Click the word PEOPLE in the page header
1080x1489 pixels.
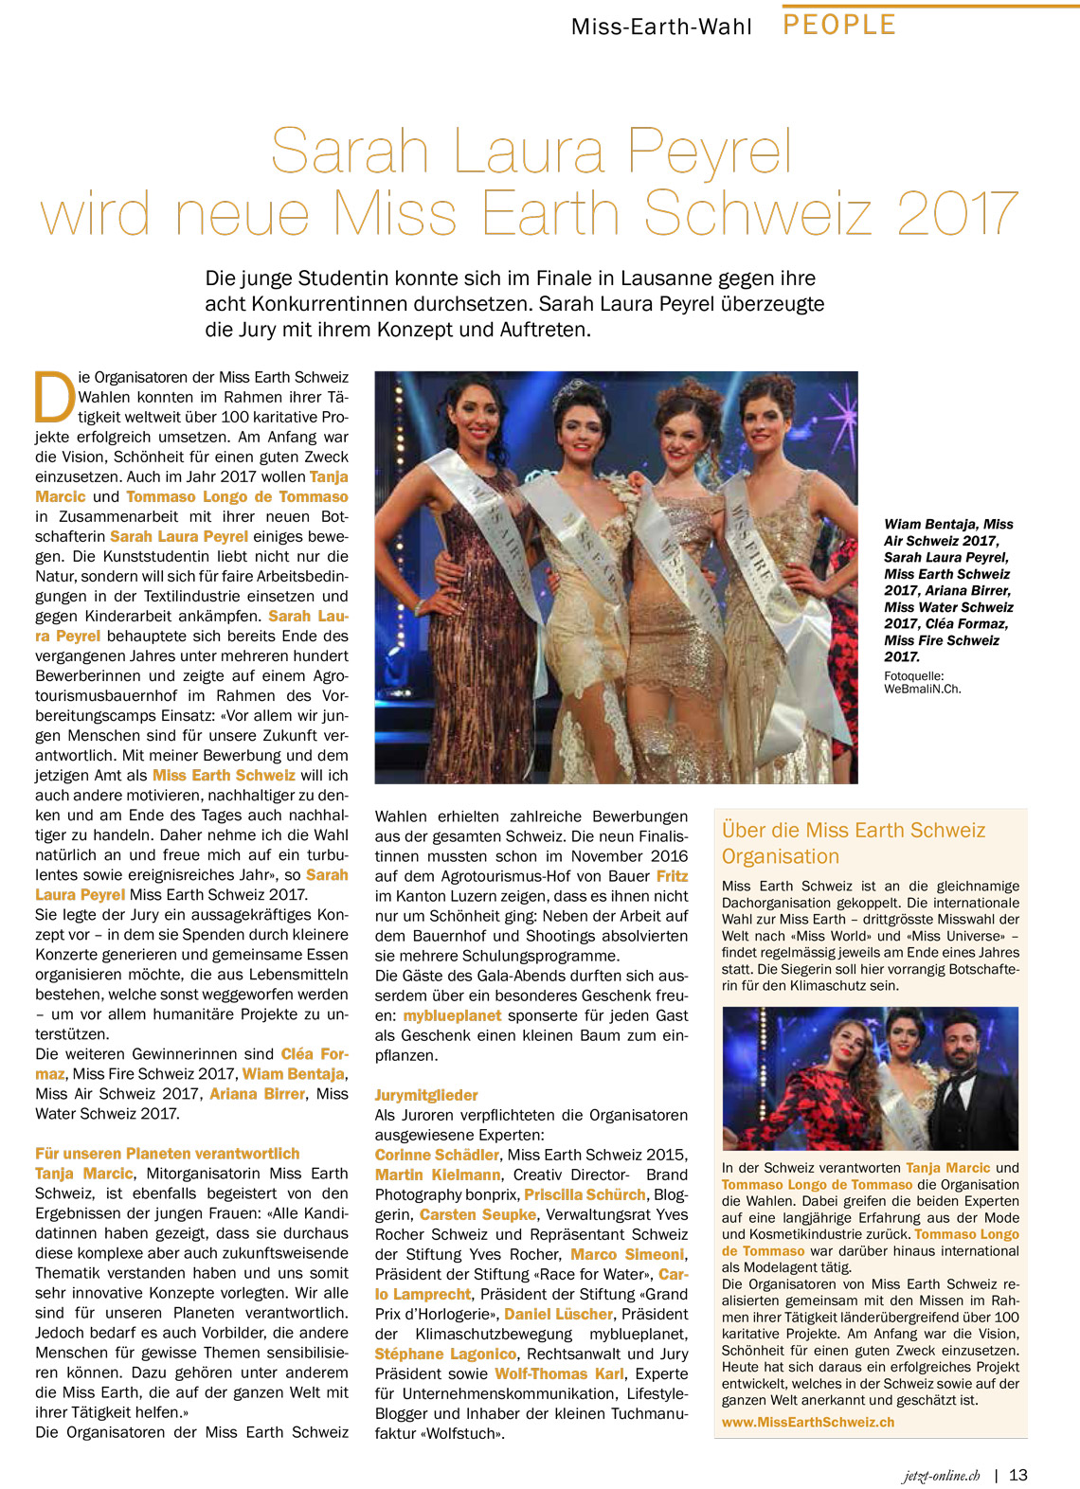click(x=839, y=25)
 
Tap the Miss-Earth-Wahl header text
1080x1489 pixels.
click(x=661, y=27)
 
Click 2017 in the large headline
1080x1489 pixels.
click(x=957, y=213)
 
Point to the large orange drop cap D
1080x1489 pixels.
click(x=54, y=396)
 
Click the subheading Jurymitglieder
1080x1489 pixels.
click(x=426, y=1095)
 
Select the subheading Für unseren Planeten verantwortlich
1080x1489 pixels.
click(x=168, y=1154)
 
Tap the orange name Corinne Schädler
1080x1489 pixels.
click(x=437, y=1155)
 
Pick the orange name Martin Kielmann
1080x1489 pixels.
click(x=438, y=1175)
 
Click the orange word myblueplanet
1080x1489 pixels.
click(x=452, y=1015)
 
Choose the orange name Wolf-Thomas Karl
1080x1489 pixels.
click(x=560, y=1373)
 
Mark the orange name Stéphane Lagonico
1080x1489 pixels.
click(x=445, y=1354)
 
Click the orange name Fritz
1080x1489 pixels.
click(x=673, y=876)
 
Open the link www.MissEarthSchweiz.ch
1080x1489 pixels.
click(x=808, y=1422)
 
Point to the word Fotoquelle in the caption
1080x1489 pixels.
click(x=913, y=676)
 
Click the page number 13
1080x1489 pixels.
click(x=1018, y=1475)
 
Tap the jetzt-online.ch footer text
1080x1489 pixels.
click(x=941, y=1476)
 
